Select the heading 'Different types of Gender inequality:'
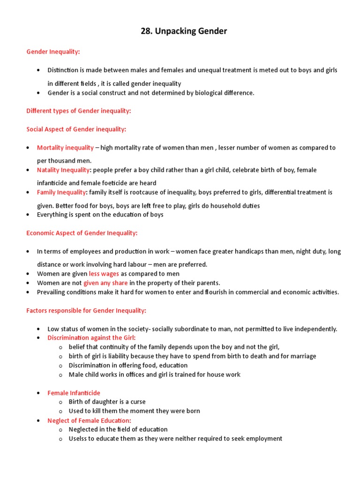79,111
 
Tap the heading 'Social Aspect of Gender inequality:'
76,129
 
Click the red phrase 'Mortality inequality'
65,148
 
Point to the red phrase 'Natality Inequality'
63,170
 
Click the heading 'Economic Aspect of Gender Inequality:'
82,233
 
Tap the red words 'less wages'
104,274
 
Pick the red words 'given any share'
105,283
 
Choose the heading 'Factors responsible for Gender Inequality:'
86,310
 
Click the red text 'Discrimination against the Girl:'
91,337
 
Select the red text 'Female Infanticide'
74,393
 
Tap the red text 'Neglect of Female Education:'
89,420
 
